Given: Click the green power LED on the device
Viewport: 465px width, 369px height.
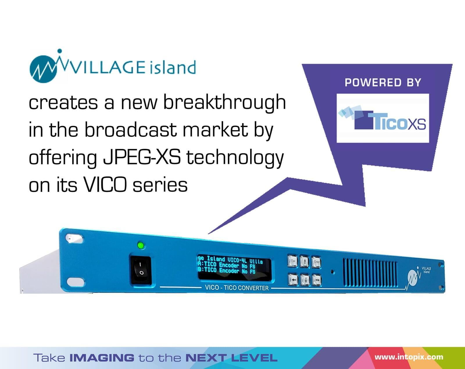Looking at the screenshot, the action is [141, 245].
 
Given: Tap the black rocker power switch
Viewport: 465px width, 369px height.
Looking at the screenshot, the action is [141, 270].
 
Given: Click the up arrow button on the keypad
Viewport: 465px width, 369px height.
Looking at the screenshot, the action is [305, 262].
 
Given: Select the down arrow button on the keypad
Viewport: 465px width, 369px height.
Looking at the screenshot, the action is [305, 280].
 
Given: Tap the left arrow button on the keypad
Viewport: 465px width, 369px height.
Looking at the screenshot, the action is [293, 279].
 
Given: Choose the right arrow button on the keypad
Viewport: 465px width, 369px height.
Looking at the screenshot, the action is [316, 280].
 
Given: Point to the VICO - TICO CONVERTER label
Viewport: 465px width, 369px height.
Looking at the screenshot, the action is [237, 288].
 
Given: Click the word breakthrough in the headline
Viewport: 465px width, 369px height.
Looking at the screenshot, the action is [224, 103].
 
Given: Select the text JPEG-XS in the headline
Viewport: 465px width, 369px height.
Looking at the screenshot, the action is [142, 158].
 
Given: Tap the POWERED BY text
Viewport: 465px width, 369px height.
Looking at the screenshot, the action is [383, 83].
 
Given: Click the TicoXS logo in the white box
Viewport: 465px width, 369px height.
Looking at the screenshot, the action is [382, 118].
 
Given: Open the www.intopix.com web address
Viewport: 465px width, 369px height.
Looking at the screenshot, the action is [409, 357].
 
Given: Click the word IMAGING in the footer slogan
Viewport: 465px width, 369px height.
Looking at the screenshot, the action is [102, 358].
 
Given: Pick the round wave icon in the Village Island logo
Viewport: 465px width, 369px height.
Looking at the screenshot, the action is [43, 69].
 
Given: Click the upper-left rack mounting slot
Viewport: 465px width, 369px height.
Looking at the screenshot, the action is [74, 239].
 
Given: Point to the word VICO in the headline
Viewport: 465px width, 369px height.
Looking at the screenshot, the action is [105, 185].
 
